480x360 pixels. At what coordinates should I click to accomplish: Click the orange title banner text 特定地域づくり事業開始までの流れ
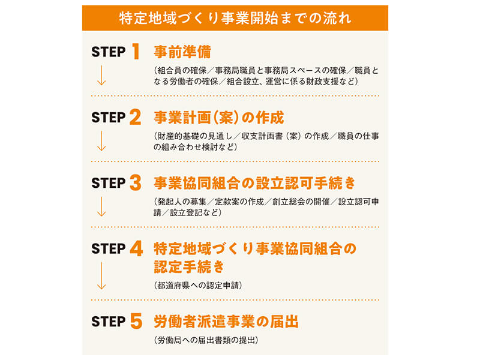[x=235, y=18]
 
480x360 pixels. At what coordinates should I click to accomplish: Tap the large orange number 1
[x=136, y=51]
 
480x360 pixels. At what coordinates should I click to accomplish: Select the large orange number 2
[x=136, y=117]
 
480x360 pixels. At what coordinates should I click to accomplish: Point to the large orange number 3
[x=136, y=183]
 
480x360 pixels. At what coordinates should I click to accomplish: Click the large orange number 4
[x=136, y=248]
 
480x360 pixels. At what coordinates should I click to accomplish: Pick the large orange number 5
[x=136, y=321]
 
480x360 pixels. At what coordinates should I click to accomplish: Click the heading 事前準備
[x=182, y=52]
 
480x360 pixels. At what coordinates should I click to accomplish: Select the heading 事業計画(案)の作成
[x=219, y=118]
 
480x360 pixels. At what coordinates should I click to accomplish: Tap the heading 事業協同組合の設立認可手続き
[x=254, y=183]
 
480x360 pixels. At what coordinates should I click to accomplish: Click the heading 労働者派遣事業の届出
[x=226, y=322]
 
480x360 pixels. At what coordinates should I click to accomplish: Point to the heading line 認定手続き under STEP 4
[x=189, y=266]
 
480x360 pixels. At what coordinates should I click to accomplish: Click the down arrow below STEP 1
[x=101, y=75]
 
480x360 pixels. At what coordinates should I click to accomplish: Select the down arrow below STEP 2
[x=101, y=141]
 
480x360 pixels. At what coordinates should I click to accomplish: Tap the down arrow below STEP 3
[x=101, y=206]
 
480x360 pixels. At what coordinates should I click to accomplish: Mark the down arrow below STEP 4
[x=101, y=275]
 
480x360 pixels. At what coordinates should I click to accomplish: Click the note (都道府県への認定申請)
[x=198, y=286]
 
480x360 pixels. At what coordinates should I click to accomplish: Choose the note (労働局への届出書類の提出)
[x=206, y=340]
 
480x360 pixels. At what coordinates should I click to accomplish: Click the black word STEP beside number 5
[x=109, y=322]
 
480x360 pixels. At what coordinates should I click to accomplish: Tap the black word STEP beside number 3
[x=109, y=184]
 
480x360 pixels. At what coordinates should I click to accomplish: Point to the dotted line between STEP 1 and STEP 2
[x=235, y=96]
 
